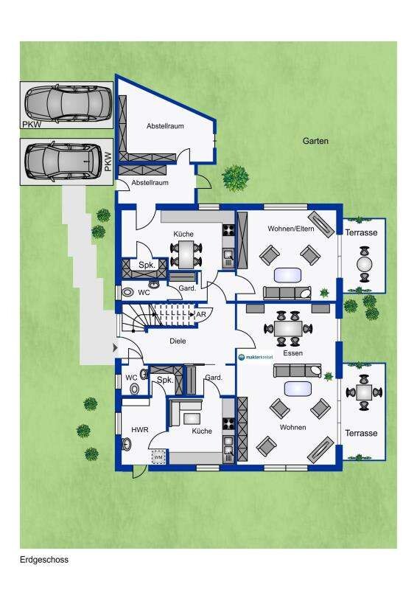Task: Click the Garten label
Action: click(x=315, y=141)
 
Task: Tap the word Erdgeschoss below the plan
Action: click(x=44, y=560)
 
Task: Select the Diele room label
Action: click(x=178, y=341)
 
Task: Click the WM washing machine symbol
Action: click(x=158, y=457)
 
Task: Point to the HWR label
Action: click(x=140, y=429)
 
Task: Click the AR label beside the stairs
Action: click(x=201, y=314)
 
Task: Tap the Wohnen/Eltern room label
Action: click(x=291, y=229)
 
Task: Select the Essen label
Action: click(x=293, y=353)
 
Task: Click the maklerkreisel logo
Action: click(x=256, y=357)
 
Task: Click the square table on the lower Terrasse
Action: click(x=364, y=392)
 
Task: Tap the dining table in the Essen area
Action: click(x=289, y=328)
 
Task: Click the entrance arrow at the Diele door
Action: click(x=116, y=348)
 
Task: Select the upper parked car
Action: click(x=68, y=103)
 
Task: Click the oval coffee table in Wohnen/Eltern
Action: click(x=288, y=275)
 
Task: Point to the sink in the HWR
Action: click(x=126, y=444)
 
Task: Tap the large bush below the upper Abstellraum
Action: click(x=235, y=178)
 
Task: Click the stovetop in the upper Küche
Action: click(x=228, y=230)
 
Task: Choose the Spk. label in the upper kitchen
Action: click(x=147, y=265)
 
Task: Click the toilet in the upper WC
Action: click(x=129, y=292)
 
